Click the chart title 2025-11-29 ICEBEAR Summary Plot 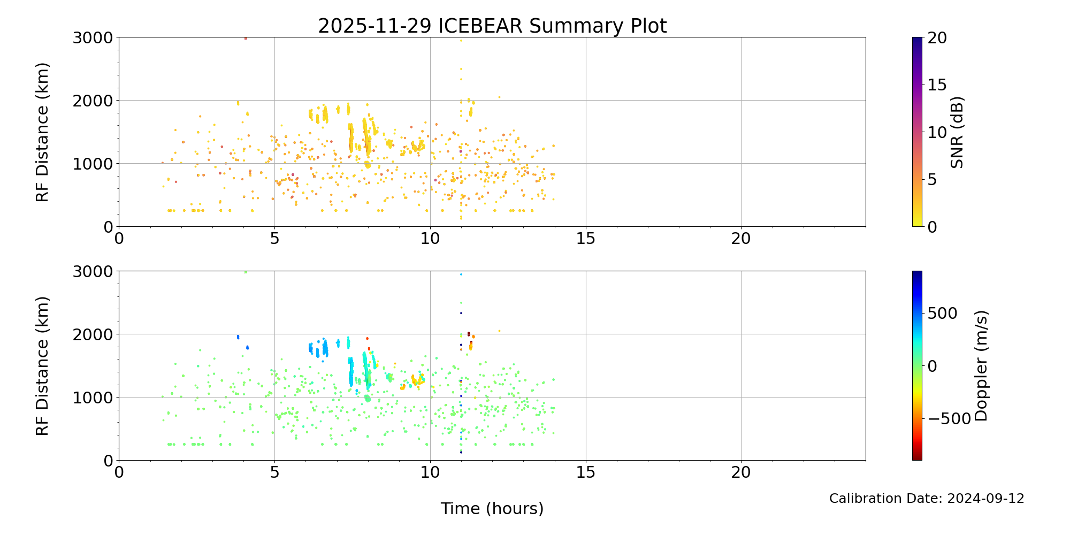point(492,26)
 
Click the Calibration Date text point(927,499)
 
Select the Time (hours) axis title point(492,508)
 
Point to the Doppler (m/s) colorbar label point(981,365)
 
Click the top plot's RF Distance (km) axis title point(42,132)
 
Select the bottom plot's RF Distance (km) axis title point(42,366)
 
